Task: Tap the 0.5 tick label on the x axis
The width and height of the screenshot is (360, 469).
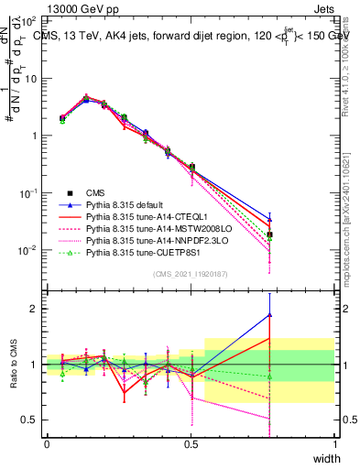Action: (x=191, y=443)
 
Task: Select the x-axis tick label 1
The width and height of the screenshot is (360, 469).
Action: (x=334, y=443)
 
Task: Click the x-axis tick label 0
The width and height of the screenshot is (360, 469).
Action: (x=48, y=443)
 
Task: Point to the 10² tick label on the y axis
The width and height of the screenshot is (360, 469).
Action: (x=31, y=20)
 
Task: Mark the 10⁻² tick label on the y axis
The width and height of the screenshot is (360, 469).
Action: (x=31, y=250)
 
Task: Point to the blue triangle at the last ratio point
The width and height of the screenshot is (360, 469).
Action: (x=269, y=315)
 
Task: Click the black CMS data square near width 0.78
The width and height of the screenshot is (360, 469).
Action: (x=269, y=235)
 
